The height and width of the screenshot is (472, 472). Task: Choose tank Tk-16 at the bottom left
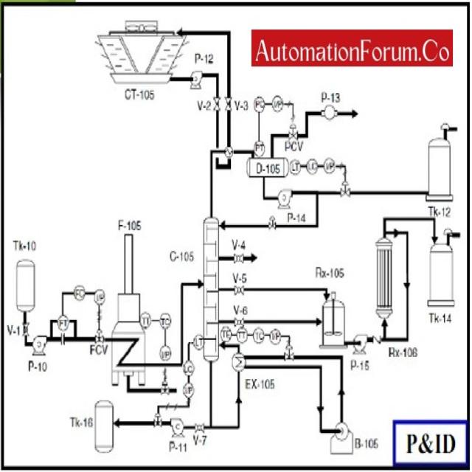point(104,426)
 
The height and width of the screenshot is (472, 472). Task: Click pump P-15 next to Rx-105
point(360,341)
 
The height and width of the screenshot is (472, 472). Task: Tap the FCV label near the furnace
point(98,349)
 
